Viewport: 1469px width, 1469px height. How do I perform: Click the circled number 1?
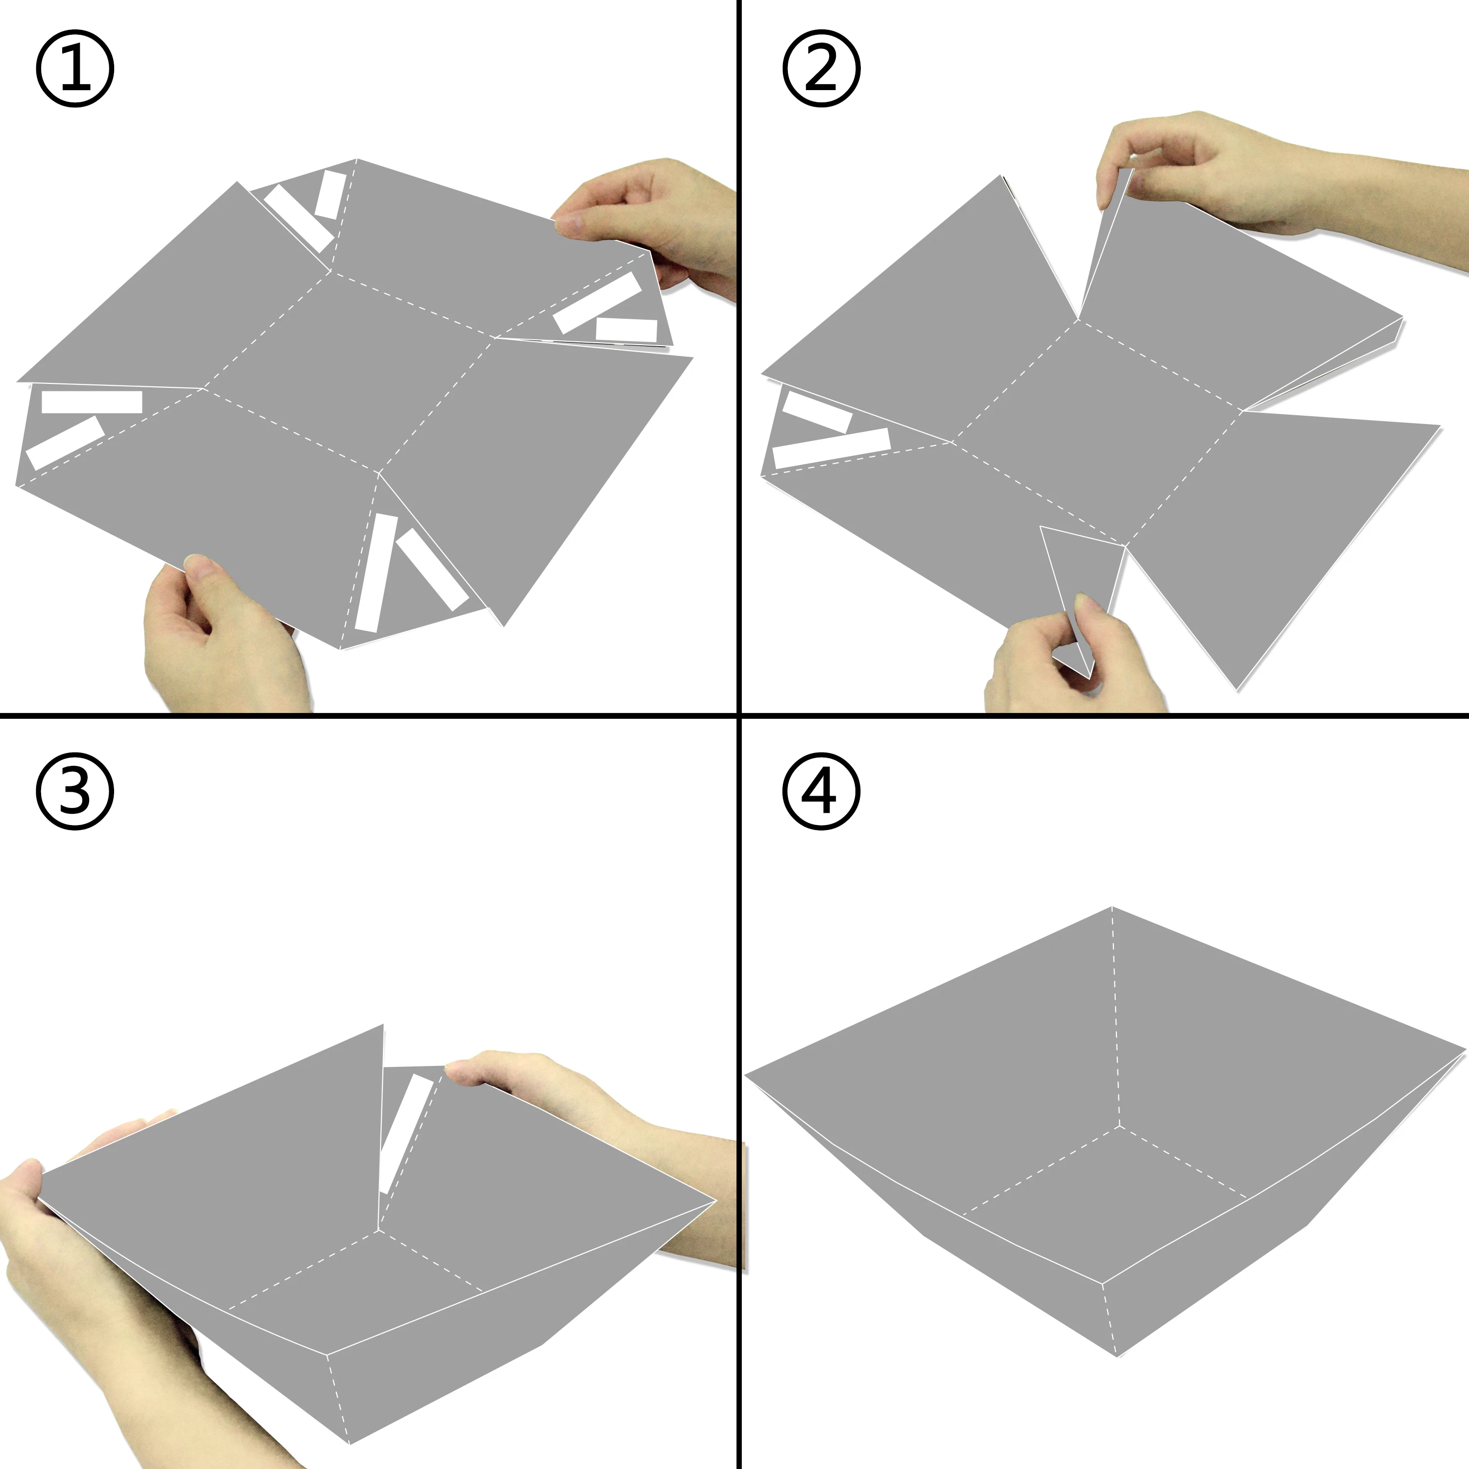(x=74, y=69)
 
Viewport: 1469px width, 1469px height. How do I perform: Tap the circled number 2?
(x=821, y=69)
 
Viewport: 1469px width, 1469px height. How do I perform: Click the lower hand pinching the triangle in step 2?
(x=1072, y=658)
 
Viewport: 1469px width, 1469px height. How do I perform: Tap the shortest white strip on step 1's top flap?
(x=331, y=195)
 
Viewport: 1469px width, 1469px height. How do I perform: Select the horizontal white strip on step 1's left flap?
(x=91, y=402)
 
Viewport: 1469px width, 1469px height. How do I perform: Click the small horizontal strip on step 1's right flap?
(x=626, y=330)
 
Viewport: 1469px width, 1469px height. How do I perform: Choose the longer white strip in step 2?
(x=831, y=448)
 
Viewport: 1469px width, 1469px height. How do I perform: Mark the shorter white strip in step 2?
(x=817, y=411)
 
